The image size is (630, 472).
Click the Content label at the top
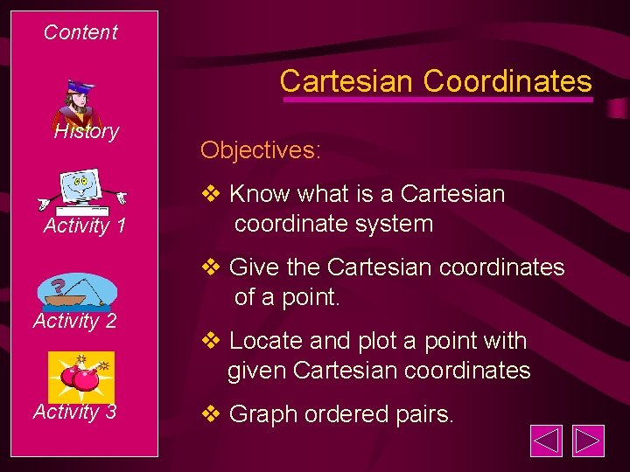(80, 32)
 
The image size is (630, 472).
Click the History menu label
(86, 132)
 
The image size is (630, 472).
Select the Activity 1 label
(85, 226)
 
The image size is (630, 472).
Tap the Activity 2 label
(75, 321)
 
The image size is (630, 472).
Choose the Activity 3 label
(75, 412)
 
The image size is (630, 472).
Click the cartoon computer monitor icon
(80, 191)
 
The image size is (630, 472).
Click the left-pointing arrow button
(547, 441)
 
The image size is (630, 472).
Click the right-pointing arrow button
(589, 441)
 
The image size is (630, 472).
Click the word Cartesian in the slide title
(346, 81)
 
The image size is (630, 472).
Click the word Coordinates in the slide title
(507, 81)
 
